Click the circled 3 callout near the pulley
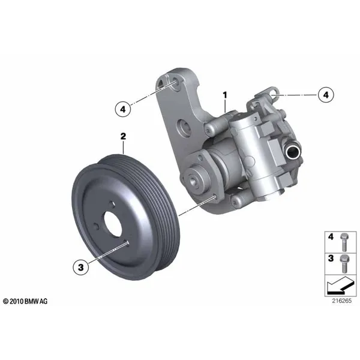coord(81,267)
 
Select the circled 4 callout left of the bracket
coord(123,109)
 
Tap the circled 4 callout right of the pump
coord(326,95)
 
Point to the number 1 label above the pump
coord(225,95)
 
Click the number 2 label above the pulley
coord(123,136)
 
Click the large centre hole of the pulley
coord(113,224)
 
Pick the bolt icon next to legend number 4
coord(344,242)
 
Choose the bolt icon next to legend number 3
coord(344,264)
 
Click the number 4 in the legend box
coord(331,236)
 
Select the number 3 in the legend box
coord(331,258)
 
